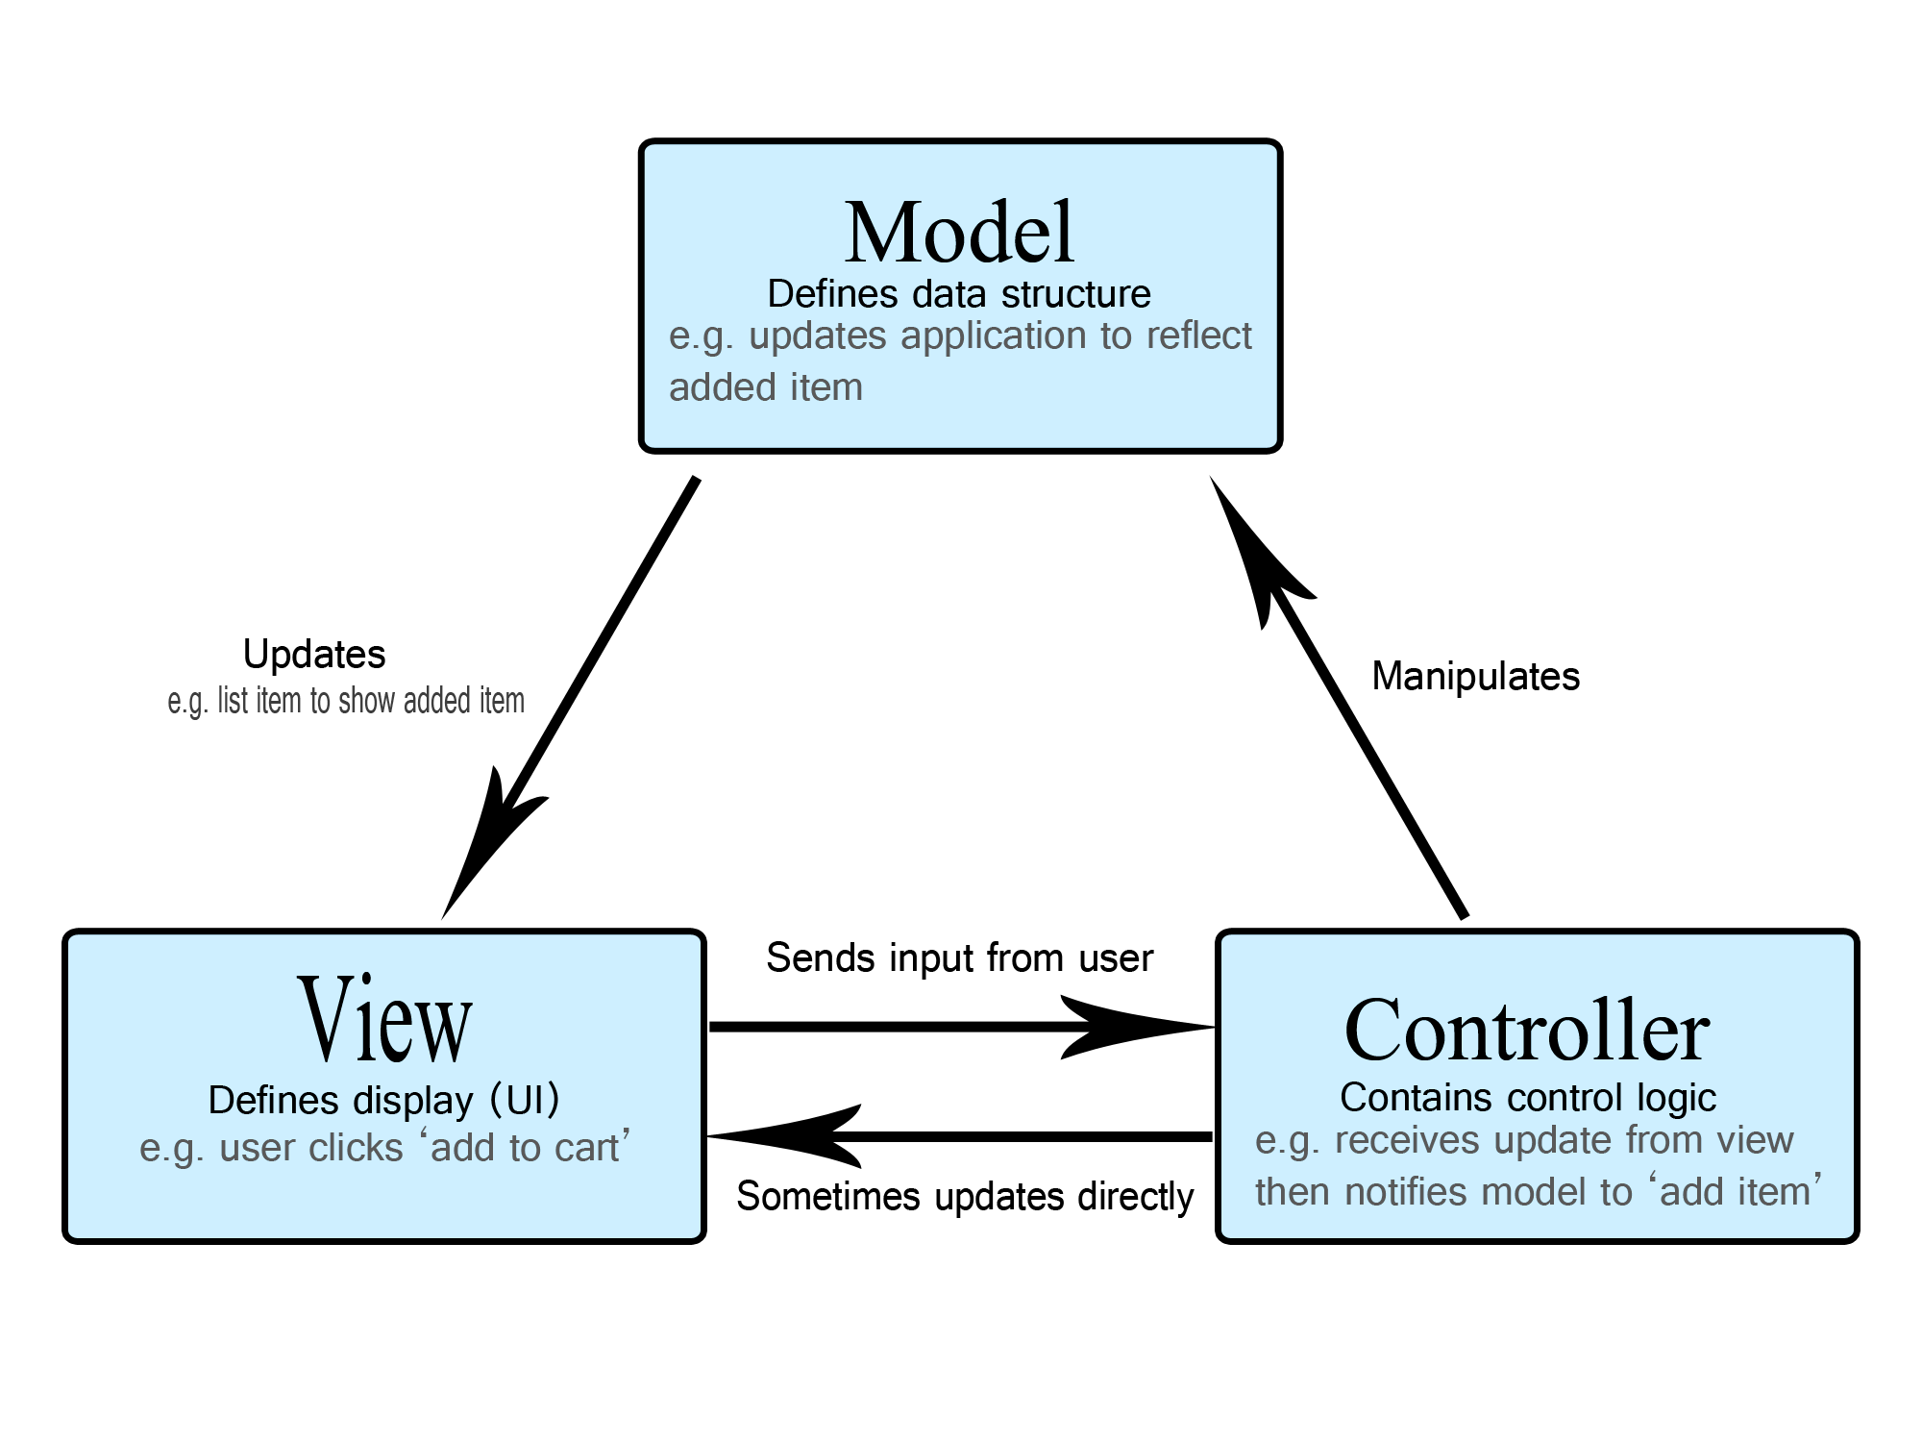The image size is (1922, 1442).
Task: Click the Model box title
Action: coord(959,233)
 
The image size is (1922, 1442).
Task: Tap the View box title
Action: coord(384,1021)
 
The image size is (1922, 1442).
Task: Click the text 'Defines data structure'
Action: coord(958,294)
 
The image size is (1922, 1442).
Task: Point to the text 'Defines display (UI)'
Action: coord(383,1101)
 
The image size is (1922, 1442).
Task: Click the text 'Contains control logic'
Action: coord(1527,1098)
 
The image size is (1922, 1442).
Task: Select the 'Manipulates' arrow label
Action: coord(1475,677)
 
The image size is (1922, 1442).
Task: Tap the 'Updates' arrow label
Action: coord(314,655)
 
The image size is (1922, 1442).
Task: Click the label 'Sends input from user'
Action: coord(959,958)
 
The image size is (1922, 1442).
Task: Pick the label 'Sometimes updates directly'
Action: coord(964,1197)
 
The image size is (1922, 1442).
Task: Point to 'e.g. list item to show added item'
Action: coord(346,702)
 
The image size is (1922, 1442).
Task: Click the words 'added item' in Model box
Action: coord(765,387)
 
